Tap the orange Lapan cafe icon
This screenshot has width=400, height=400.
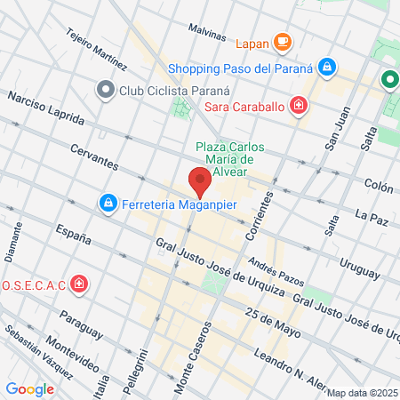(283, 41)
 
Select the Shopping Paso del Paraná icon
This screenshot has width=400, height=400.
(327, 68)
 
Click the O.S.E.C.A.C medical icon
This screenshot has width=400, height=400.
(80, 284)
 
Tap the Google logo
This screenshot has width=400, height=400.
(29, 388)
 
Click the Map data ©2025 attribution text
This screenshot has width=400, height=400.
(361, 393)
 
